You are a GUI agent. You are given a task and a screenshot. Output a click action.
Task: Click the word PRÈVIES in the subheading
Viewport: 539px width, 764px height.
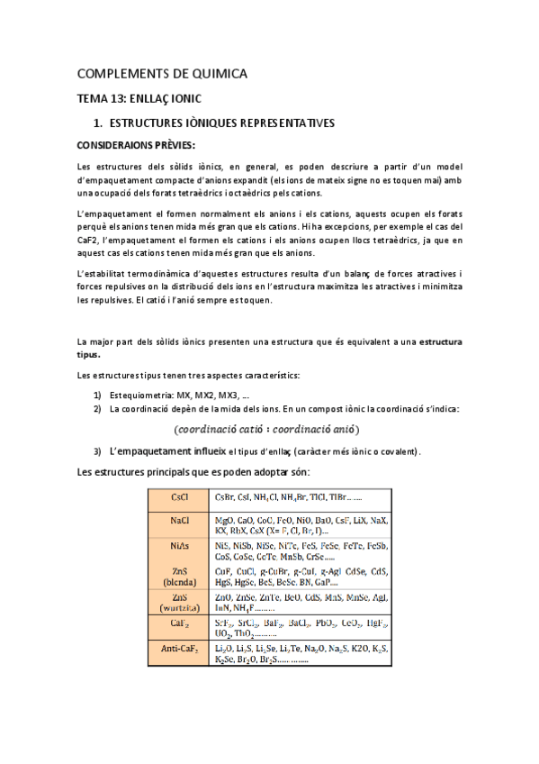point(172,145)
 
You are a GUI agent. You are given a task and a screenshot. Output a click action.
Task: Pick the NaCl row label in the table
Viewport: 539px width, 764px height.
point(179,522)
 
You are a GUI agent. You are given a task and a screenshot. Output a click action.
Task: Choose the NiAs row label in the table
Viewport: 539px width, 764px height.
point(179,546)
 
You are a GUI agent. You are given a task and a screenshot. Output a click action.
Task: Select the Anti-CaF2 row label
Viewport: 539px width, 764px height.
point(179,650)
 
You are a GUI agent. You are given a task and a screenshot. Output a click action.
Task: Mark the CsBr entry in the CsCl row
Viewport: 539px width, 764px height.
point(225,497)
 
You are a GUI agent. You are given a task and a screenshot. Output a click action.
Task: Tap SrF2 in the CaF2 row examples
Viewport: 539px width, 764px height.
point(225,623)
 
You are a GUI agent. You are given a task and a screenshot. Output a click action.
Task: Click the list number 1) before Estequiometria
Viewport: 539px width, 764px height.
point(97,395)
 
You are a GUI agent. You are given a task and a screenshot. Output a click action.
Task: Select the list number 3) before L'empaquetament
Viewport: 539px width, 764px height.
point(97,450)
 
